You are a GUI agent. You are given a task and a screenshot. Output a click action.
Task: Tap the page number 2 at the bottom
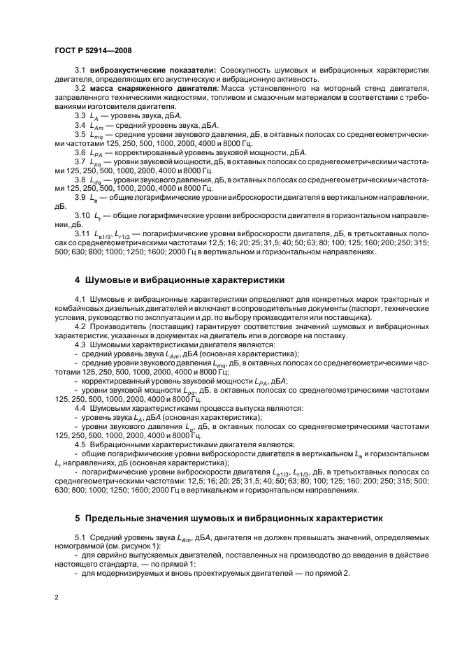56,598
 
